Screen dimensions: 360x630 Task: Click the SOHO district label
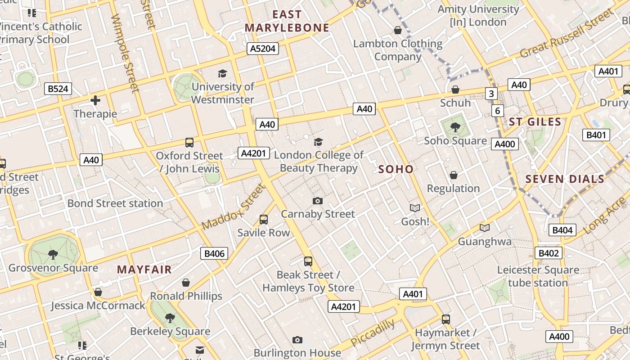(396, 169)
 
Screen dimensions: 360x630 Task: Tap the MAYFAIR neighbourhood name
(144, 270)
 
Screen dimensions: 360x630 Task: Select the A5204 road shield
(263, 49)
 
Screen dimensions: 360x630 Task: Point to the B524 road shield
(58, 89)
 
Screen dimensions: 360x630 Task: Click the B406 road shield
(214, 253)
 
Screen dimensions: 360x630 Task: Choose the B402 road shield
(549, 253)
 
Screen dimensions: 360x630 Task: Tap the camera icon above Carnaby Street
(318, 201)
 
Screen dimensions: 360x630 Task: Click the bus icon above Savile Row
(264, 220)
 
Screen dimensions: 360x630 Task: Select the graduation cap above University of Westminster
(222, 73)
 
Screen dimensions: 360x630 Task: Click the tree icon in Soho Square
(455, 127)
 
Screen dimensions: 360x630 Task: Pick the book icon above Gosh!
(415, 208)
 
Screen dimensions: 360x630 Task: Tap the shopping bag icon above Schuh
(455, 90)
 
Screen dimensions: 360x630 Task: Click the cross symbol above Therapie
(95, 100)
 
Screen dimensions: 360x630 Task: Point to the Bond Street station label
(115, 203)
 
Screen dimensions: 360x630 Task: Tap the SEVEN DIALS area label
(565, 179)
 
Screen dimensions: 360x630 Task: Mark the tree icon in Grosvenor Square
(53, 255)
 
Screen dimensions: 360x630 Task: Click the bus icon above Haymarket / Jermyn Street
(445, 319)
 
